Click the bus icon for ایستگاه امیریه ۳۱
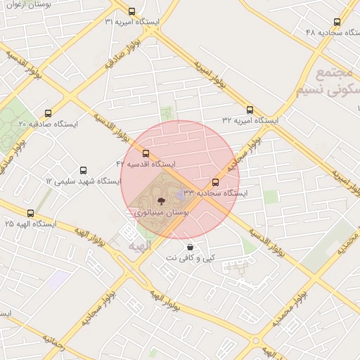click(x=131, y=11)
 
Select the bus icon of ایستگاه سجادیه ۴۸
click(x=337, y=22)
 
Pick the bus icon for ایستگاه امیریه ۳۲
click(x=250, y=110)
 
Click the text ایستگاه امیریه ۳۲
click(x=250, y=121)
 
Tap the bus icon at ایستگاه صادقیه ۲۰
click(x=48, y=112)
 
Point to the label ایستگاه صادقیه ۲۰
click(x=48, y=123)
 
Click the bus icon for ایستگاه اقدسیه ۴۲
click(x=146, y=153)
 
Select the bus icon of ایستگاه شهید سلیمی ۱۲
click(x=84, y=170)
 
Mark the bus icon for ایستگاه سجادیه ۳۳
click(x=215, y=182)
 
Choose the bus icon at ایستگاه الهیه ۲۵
click(x=30, y=212)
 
